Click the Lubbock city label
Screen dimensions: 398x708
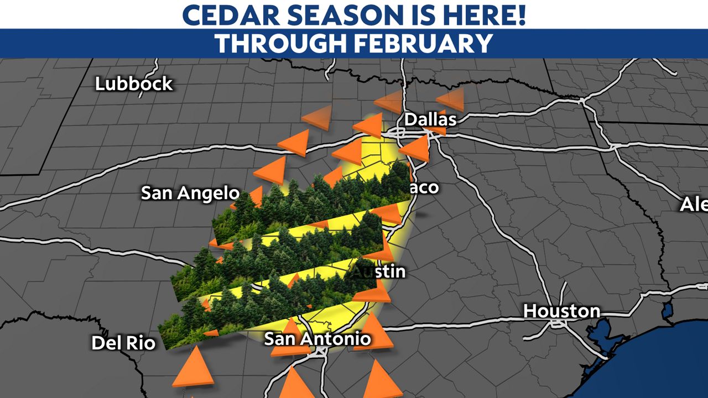click(134, 84)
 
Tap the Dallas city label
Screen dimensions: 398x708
click(430, 119)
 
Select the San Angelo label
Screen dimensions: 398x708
click(190, 193)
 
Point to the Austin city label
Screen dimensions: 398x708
click(379, 271)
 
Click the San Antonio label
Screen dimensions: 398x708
click(317, 338)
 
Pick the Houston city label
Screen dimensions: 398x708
click(561, 311)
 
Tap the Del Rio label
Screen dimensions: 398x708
click(123, 343)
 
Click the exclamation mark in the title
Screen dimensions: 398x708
click(519, 15)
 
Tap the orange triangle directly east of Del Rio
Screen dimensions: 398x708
click(193, 368)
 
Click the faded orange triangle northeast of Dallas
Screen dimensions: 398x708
click(451, 99)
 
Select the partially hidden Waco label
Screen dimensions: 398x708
click(424, 187)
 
